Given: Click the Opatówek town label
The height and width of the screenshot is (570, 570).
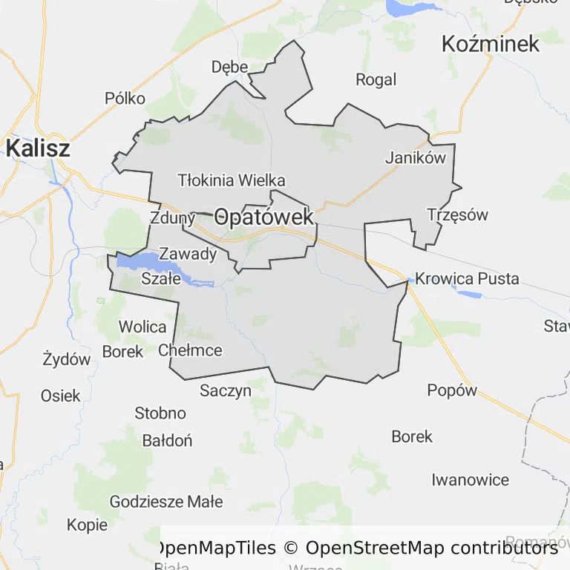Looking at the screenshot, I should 263,217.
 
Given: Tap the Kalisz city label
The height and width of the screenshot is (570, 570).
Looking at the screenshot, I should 38,148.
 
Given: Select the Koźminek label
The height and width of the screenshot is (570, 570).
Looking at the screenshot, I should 491,44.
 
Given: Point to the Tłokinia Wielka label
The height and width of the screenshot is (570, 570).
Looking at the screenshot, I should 232,180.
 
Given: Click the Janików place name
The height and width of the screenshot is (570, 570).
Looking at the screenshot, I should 416,157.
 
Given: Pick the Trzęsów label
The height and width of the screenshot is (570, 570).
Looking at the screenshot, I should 458,215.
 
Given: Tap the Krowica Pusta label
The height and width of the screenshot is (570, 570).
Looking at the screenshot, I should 467,279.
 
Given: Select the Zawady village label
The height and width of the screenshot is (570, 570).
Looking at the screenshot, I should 189,255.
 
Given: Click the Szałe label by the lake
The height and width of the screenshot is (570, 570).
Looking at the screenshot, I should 161,279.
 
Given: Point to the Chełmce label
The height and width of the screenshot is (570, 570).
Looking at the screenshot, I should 190,350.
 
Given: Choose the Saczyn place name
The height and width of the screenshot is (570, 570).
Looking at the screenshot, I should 226,390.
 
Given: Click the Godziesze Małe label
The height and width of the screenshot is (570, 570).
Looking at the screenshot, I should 166,502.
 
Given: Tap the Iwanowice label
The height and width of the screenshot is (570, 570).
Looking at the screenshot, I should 471,479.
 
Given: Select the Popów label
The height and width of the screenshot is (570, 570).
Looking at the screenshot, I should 452,390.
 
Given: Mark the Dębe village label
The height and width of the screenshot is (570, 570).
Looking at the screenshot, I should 229,67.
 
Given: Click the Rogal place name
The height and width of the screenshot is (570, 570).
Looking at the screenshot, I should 376,79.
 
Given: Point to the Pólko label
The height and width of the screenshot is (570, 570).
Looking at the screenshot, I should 125,98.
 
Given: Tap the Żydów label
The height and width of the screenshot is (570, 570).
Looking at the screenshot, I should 67,360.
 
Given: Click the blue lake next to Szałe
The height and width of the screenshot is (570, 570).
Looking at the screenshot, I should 145,261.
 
